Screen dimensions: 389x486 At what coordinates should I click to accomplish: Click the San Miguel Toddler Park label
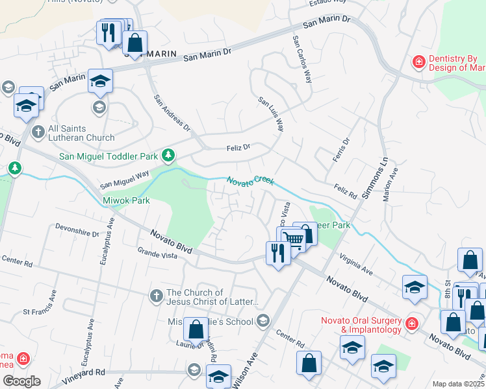[x=109, y=156]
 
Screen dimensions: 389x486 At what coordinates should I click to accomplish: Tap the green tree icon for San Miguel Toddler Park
[x=168, y=154]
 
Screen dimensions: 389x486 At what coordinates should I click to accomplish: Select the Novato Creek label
[x=250, y=180]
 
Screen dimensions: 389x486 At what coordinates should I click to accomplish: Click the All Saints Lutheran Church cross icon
[x=38, y=132]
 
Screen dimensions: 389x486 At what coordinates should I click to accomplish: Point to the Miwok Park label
[x=127, y=200]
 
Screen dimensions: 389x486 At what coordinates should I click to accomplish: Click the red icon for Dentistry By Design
[x=420, y=62]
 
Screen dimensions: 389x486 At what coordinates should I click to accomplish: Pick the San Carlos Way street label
[x=302, y=59]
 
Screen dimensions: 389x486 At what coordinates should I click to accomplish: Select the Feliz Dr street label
[x=238, y=148]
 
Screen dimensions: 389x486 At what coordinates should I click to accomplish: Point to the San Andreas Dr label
[x=172, y=113]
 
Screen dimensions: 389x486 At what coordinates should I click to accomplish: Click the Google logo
[x=21, y=381]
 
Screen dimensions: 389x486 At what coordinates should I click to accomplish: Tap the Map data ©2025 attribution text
[x=459, y=384]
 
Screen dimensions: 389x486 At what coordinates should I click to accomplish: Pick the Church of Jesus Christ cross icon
[x=156, y=297]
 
